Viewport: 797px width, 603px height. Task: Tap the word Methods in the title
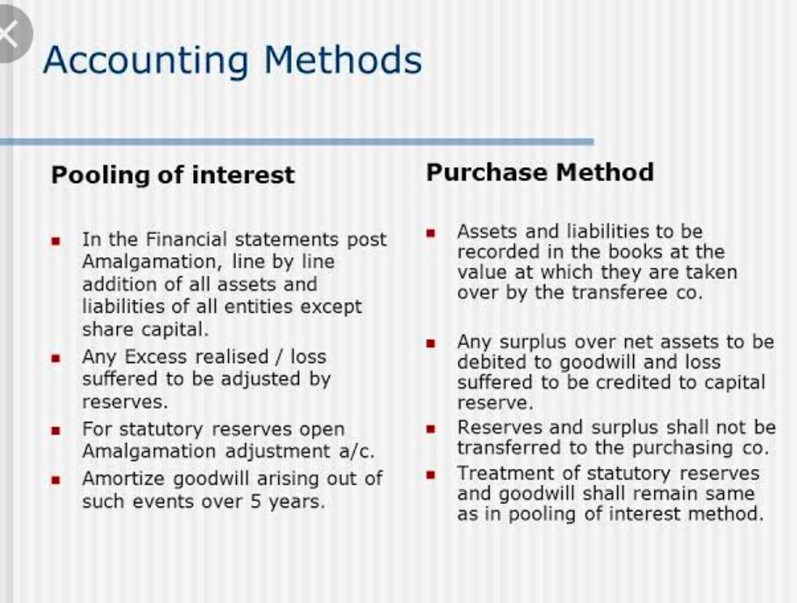pyautogui.click(x=343, y=60)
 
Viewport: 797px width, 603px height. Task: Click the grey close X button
pyautogui.click(x=11, y=34)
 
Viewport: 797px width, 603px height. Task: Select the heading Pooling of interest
pyautogui.click(x=173, y=176)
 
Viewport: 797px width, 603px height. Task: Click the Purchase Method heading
pyautogui.click(x=540, y=173)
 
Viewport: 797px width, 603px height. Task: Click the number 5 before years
pyautogui.click(x=256, y=501)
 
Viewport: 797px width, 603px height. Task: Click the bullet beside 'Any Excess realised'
pyautogui.click(x=56, y=358)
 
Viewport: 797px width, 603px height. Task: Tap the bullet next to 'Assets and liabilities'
pyautogui.click(x=431, y=234)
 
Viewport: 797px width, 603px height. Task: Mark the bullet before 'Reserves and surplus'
pyautogui.click(x=431, y=429)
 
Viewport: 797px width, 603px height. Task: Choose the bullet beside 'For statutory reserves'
pyautogui.click(x=56, y=431)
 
